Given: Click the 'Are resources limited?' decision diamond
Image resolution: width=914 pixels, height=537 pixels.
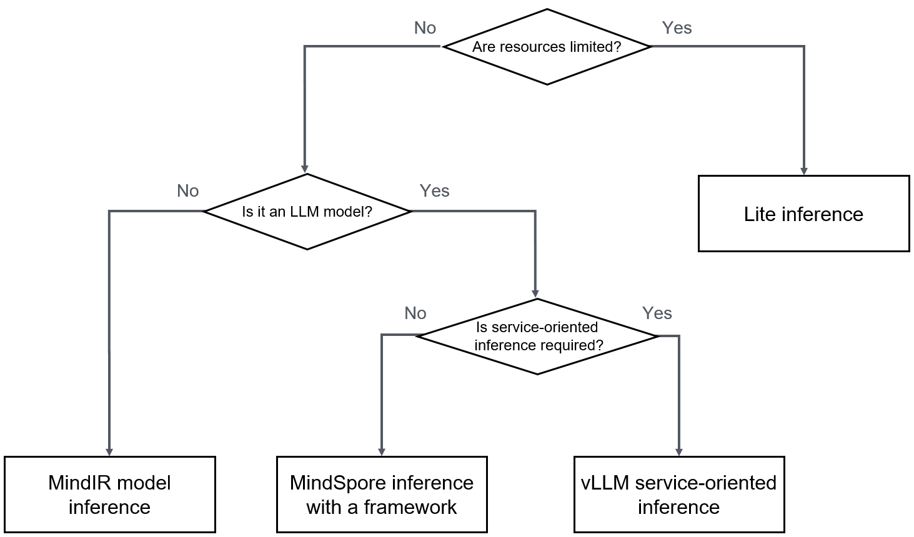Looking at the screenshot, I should click(x=547, y=47).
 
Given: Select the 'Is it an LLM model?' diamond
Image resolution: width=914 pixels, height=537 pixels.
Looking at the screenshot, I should click(x=307, y=212).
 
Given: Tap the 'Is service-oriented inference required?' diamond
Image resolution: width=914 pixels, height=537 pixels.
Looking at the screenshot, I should click(x=538, y=337).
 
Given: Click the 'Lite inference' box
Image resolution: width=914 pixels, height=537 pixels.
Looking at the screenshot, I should click(x=803, y=214).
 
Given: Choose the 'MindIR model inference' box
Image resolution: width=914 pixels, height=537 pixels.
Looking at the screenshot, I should click(x=109, y=495).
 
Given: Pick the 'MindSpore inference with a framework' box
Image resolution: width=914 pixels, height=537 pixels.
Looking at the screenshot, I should click(x=381, y=495).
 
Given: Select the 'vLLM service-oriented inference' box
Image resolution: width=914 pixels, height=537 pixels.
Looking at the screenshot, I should click(x=678, y=495).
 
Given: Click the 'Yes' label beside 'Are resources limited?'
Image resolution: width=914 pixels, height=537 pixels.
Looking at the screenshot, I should click(x=677, y=28).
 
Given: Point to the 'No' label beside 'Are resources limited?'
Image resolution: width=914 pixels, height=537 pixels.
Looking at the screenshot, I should click(x=425, y=28).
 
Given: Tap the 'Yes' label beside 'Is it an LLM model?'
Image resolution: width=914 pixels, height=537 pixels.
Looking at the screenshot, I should click(x=434, y=191).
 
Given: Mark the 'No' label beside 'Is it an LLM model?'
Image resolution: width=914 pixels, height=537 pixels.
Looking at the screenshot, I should click(x=187, y=191).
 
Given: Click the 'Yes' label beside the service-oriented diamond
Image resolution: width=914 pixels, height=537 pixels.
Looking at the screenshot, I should click(x=657, y=313).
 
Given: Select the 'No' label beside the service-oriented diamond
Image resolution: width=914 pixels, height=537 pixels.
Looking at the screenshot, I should click(x=415, y=313).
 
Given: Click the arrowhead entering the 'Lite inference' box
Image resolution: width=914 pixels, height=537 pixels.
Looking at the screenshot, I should click(x=803, y=171).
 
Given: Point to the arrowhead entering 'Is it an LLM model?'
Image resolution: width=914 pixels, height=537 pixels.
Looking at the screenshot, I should click(x=305, y=169).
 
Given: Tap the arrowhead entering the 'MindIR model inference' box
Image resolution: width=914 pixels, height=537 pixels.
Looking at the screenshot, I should click(x=109, y=452).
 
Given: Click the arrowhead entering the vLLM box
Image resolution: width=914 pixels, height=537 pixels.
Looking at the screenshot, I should click(x=678, y=452).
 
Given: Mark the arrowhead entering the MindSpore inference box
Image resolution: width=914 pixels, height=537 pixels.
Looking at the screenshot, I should click(x=382, y=452).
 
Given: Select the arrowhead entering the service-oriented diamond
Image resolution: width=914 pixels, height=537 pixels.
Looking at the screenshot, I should click(x=535, y=293).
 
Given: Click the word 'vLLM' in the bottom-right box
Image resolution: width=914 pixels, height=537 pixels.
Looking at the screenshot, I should click(x=605, y=483).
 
